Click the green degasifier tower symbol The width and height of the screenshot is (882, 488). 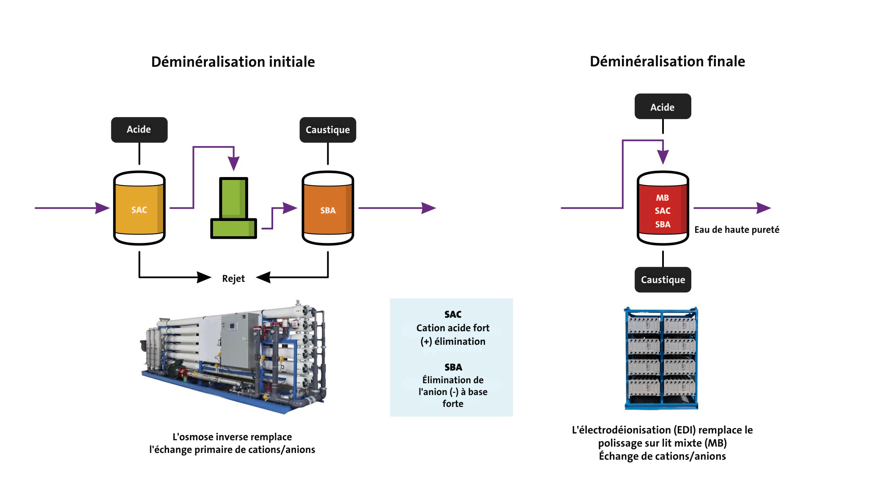coord(233,208)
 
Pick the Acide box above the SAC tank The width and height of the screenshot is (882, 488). coord(139,130)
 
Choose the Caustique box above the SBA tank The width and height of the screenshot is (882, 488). coord(328,130)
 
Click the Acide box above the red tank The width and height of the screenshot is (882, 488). coord(663,107)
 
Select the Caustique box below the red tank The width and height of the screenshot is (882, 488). coord(663,280)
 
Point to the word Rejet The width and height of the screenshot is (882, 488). coord(233,278)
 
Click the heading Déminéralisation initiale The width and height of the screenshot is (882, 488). coord(233,62)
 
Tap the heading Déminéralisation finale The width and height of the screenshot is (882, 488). coord(667,62)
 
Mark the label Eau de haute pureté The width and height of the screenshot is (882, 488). coord(737,230)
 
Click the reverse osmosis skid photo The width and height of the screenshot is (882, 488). coord(234,357)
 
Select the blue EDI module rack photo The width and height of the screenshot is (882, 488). coord(662,358)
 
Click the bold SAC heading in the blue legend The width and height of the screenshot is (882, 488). coord(453,314)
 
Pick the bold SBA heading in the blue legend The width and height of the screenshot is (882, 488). coord(453,367)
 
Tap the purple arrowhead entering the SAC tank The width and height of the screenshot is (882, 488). coord(102,208)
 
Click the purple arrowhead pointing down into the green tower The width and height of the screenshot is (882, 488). coord(233,163)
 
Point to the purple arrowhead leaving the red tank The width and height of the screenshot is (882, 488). coord(763,208)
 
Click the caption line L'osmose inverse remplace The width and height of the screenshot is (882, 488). coord(232,437)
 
